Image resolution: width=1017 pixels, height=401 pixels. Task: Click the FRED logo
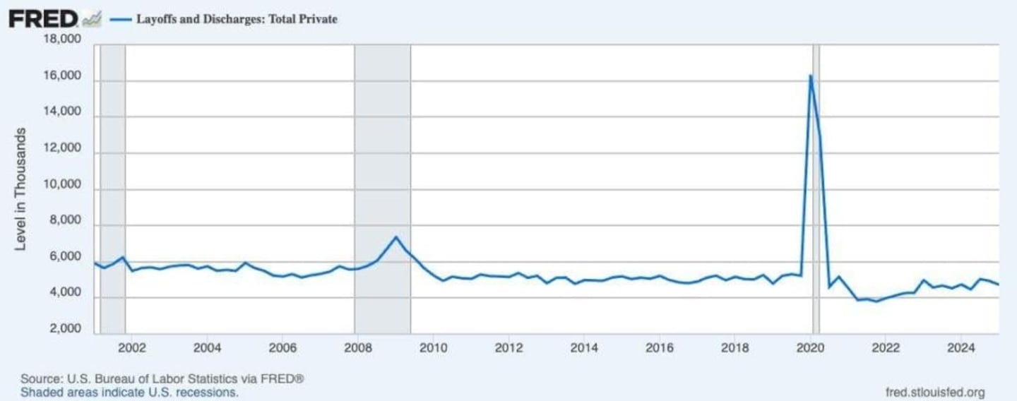[44, 19]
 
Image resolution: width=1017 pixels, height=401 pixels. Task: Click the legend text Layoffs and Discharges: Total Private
[236, 20]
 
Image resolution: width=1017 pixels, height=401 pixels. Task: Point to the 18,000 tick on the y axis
[62, 40]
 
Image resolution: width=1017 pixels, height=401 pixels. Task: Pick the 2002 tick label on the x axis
[131, 347]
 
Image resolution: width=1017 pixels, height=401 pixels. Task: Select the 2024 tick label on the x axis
[961, 347]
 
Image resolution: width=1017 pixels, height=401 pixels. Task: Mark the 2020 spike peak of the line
[810, 76]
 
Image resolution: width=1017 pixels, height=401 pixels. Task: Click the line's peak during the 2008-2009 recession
[396, 237]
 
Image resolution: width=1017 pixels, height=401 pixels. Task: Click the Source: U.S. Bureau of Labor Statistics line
[162, 379]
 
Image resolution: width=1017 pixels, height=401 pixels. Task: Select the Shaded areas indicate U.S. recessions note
[129, 392]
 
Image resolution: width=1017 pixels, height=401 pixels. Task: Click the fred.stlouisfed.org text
[934, 392]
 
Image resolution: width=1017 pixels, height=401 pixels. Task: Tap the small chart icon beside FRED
[92, 20]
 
